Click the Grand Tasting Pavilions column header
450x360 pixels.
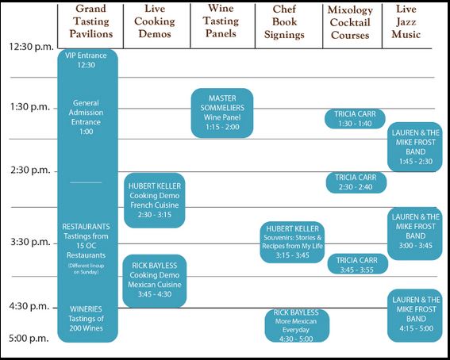click(x=92, y=21)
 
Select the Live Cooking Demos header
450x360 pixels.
click(x=155, y=21)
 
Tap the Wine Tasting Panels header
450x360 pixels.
click(x=221, y=21)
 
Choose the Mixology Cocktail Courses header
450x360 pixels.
click(x=350, y=21)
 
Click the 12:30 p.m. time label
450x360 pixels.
click(x=29, y=47)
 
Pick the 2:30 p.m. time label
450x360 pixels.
click(x=29, y=170)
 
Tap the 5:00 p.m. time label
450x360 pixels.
click(x=29, y=339)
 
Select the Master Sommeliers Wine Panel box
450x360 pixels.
click(x=221, y=112)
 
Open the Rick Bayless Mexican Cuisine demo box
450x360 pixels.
click(x=155, y=281)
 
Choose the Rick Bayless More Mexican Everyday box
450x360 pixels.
click(x=297, y=325)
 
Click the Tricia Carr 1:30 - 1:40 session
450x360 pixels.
click(x=356, y=118)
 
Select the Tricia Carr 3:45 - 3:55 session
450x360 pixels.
click(x=357, y=264)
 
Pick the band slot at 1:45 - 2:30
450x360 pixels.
click(x=415, y=147)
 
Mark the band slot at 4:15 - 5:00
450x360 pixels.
click(x=415, y=315)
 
